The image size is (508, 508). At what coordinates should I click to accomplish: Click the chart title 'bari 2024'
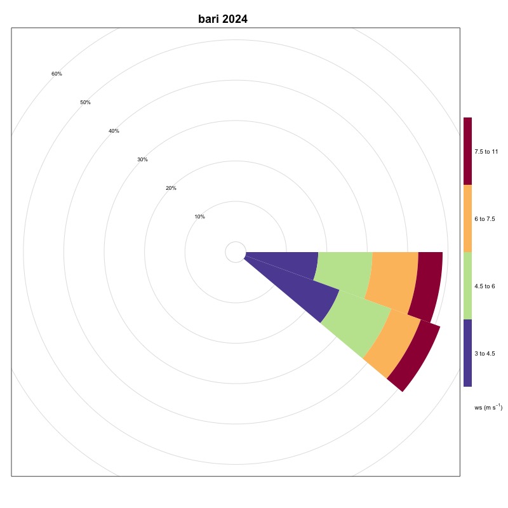pyautogui.click(x=222, y=19)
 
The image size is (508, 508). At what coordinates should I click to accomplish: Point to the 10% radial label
pyautogui.click(x=199, y=217)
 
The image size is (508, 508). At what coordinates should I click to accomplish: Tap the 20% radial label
pyautogui.click(x=171, y=188)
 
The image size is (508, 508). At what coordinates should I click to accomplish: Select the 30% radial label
pyautogui.click(x=142, y=159)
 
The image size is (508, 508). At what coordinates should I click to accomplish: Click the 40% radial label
pyautogui.click(x=114, y=131)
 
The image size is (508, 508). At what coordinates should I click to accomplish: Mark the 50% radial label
pyautogui.click(x=85, y=102)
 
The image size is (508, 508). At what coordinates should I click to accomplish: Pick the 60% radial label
pyautogui.click(x=57, y=74)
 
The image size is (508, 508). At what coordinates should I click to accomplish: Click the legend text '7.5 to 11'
pyautogui.click(x=486, y=151)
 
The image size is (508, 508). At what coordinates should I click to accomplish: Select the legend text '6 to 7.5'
pyautogui.click(x=485, y=218)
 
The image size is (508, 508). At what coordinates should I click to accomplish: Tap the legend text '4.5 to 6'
pyautogui.click(x=485, y=286)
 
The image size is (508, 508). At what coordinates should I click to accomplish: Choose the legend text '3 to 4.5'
pyautogui.click(x=485, y=353)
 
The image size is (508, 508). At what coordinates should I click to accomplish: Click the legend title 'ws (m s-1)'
pyautogui.click(x=488, y=407)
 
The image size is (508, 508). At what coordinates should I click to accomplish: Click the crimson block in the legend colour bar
pyautogui.click(x=467, y=151)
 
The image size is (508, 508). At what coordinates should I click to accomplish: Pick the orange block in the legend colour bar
pyautogui.click(x=467, y=218)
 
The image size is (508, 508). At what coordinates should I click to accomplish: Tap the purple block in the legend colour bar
pyautogui.click(x=467, y=353)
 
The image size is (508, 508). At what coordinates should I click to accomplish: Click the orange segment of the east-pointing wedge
pyautogui.click(x=394, y=279)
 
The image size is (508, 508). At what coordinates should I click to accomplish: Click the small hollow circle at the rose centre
pyautogui.click(x=236, y=252)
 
